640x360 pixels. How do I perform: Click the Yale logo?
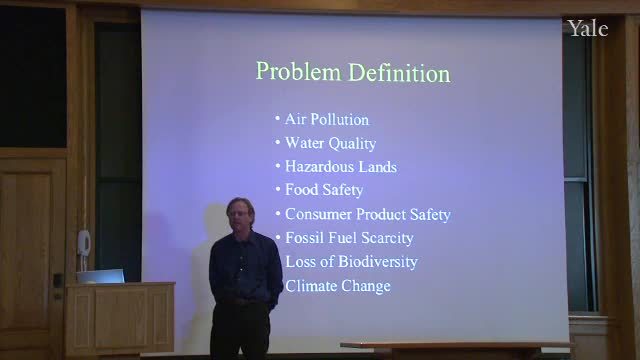tap(588, 29)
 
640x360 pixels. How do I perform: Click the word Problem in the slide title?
tap(298, 72)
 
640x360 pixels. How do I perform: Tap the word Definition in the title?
tap(400, 73)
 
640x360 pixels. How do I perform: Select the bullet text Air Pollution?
tap(327, 120)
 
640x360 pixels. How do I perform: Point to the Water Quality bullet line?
tap(330, 143)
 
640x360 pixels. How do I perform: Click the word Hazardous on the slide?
tap(317, 167)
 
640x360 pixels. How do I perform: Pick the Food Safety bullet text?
tap(324, 190)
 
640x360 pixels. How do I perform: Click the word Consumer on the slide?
tap(318, 214)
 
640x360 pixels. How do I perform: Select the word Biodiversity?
tap(378, 262)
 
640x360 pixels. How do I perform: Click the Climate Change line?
tap(338, 286)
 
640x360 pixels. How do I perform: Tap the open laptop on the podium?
tap(100, 276)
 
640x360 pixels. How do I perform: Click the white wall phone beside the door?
tap(84, 243)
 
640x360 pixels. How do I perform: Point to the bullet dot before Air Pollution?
tap(277, 119)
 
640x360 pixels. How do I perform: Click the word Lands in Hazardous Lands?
tap(378, 167)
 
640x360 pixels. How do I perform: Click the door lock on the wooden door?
tap(58, 281)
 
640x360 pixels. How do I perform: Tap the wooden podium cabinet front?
tap(120, 319)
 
